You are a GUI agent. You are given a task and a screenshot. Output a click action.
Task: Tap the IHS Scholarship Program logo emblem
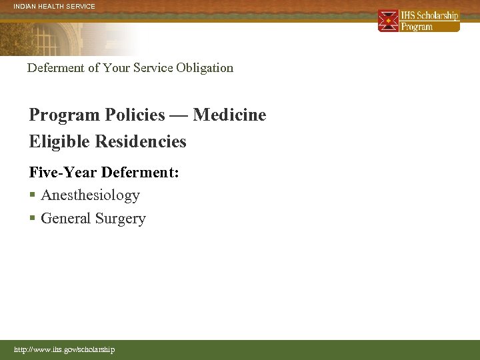(388, 21)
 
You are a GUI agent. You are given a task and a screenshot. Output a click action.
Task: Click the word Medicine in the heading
(229, 115)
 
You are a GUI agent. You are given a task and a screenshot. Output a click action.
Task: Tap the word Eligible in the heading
(59, 141)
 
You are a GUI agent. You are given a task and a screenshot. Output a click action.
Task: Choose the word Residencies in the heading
(141, 141)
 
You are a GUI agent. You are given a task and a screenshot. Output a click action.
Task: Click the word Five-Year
(63, 172)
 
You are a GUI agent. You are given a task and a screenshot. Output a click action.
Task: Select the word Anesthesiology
(90, 195)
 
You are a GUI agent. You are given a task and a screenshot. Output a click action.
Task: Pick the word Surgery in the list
(120, 219)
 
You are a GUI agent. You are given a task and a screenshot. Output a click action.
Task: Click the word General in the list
(66, 219)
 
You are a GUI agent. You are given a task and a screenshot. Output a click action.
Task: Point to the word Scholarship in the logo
(438, 15)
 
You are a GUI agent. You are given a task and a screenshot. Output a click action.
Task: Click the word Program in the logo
(417, 27)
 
